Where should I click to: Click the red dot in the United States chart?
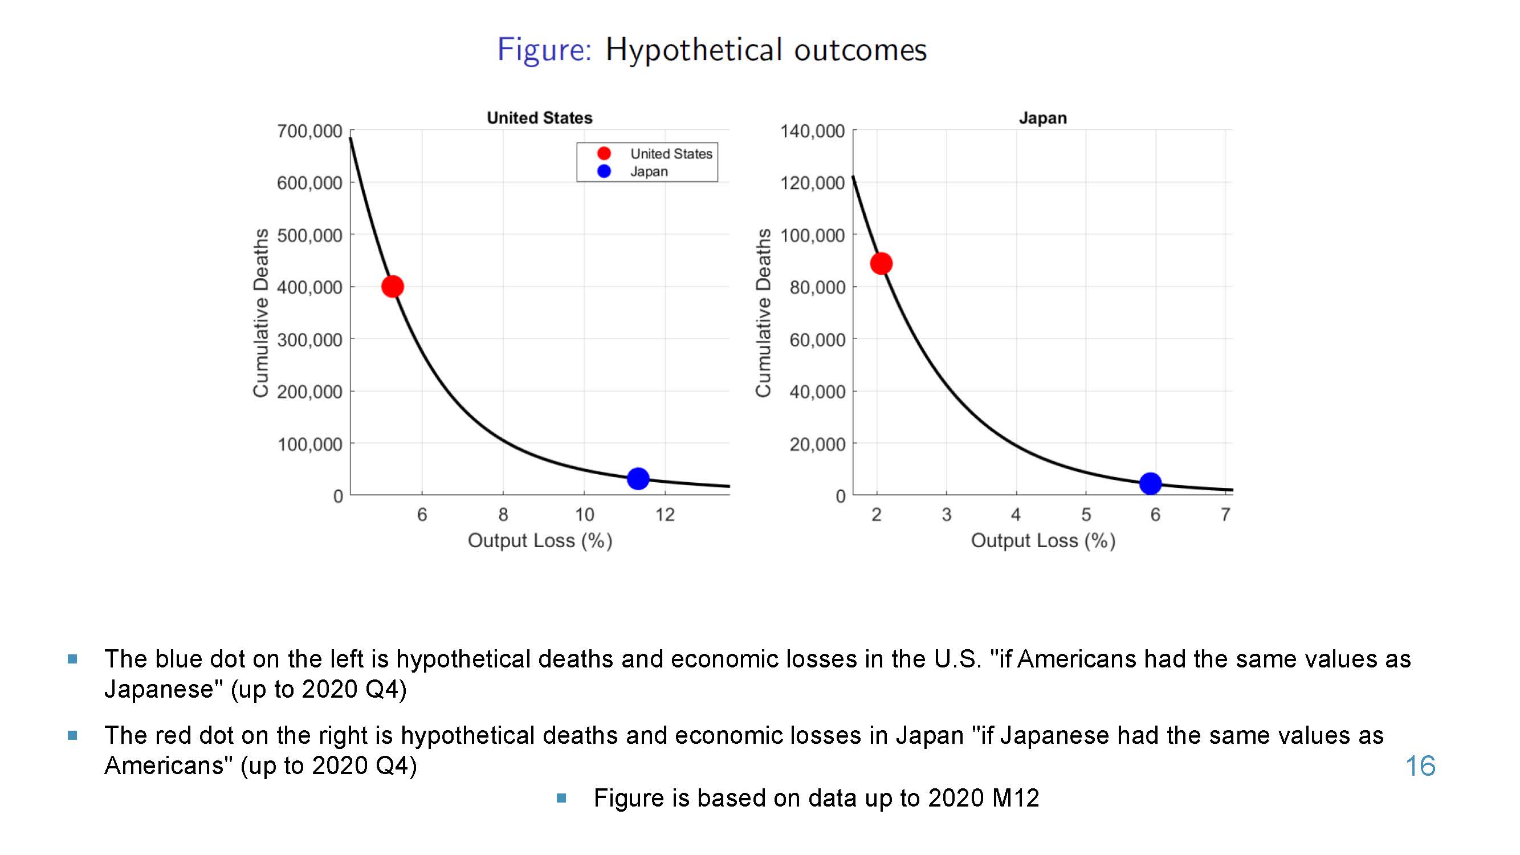392,286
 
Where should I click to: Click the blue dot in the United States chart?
638,479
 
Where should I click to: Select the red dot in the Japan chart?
881,263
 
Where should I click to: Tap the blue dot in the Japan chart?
1151,484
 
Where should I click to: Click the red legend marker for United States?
604,153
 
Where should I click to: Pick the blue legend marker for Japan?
604,171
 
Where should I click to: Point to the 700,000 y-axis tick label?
310,131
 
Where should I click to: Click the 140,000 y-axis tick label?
813,131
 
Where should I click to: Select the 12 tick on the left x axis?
665,515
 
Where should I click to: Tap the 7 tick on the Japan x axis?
1225,515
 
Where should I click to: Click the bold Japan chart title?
1042,118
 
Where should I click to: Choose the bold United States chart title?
539,117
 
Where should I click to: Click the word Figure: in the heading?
544,50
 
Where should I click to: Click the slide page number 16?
1420,766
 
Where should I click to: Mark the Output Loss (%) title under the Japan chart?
1043,540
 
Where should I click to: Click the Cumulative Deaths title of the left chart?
261,313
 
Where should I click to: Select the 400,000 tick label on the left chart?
310,287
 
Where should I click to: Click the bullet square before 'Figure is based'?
562,799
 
